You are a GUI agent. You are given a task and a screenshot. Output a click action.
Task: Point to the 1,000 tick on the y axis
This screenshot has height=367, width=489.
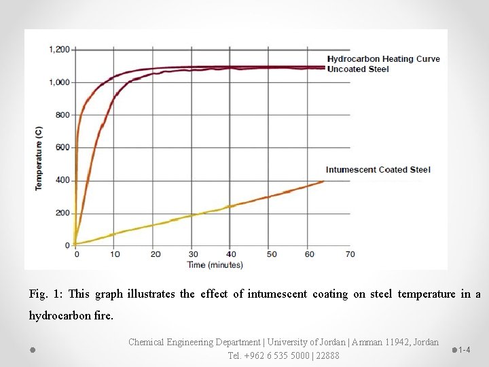[x=60, y=82]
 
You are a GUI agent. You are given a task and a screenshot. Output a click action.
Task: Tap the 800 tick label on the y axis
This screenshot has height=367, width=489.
[x=62, y=115]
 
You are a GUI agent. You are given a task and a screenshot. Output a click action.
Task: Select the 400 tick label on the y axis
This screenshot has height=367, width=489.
[x=62, y=180]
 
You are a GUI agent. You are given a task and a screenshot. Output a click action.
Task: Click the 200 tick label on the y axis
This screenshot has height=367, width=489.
[x=62, y=213]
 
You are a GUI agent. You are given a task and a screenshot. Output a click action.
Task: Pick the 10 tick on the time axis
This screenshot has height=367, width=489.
[x=115, y=254]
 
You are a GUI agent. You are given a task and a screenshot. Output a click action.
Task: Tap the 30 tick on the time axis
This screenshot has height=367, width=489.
[x=193, y=254]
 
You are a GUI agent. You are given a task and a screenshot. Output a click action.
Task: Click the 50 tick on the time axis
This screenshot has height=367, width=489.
[x=271, y=254]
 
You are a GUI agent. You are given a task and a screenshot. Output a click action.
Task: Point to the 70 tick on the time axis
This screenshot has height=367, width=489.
[x=350, y=254]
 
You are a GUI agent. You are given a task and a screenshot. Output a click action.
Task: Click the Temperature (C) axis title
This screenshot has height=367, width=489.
[x=39, y=157]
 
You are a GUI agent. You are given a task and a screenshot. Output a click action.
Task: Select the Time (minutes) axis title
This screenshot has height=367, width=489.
[x=215, y=264]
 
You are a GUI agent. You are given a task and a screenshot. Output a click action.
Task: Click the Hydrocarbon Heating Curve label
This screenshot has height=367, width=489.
[x=383, y=58]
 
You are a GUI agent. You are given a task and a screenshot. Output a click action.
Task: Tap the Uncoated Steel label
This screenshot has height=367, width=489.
[x=358, y=69]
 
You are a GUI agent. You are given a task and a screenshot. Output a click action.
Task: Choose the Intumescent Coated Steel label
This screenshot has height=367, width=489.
[x=378, y=170]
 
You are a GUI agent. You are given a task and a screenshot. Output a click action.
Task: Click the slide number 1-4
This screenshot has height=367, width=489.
[x=465, y=350]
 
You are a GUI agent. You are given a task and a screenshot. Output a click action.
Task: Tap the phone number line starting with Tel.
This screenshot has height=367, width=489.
[x=283, y=355]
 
